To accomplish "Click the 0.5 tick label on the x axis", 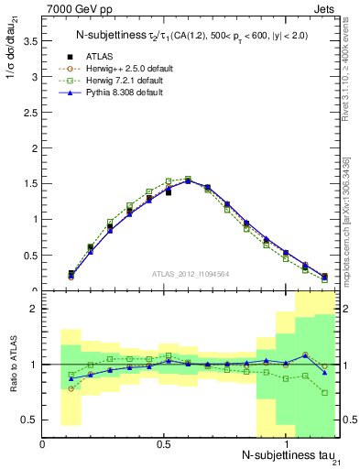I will [164, 443].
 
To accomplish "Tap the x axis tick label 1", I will [286, 443].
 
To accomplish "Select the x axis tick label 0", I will [43, 443].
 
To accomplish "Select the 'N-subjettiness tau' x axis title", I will [286, 456].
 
